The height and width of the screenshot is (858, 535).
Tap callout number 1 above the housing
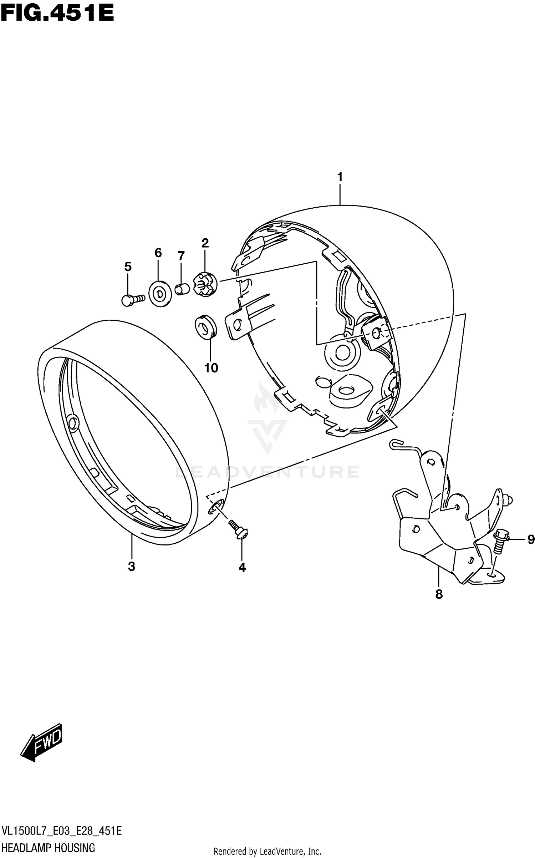pyautogui.click(x=340, y=177)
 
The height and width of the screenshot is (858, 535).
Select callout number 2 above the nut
pyautogui.click(x=205, y=243)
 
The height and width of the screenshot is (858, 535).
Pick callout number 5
pyautogui.click(x=128, y=266)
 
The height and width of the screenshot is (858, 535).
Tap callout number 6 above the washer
pyautogui.click(x=158, y=253)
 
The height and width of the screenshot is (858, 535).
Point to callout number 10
pyautogui.click(x=211, y=368)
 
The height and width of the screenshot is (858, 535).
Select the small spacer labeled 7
pyautogui.click(x=182, y=289)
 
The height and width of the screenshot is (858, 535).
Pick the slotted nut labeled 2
pyautogui.click(x=204, y=283)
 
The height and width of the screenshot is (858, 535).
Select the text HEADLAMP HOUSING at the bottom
pyautogui.click(x=49, y=848)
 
